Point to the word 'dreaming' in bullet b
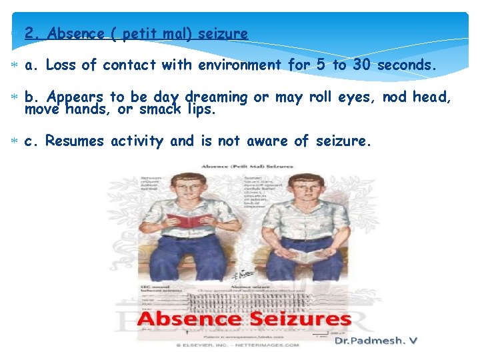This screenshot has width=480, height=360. pyautogui.click(x=216, y=97)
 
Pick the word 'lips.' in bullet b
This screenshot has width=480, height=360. pyautogui.click(x=201, y=109)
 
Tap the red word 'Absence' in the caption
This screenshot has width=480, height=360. pyautogui.click(x=188, y=320)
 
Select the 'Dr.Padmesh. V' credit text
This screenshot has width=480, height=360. pyautogui.click(x=375, y=341)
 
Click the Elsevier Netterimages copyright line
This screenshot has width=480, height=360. pyautogui.click(x=238, y=345)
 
